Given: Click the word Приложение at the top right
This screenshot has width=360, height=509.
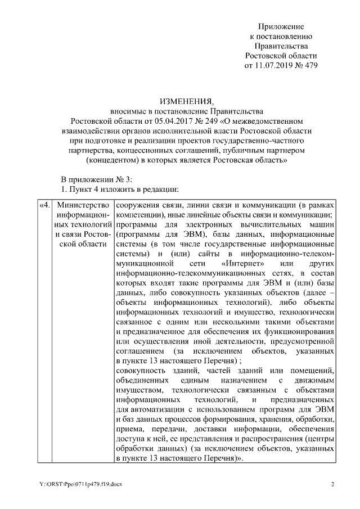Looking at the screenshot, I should click(x=281, y=26).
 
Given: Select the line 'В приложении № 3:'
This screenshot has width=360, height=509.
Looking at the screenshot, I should click(x=96, y=179).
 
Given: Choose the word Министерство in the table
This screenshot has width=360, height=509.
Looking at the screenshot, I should click(x=82, y=204).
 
